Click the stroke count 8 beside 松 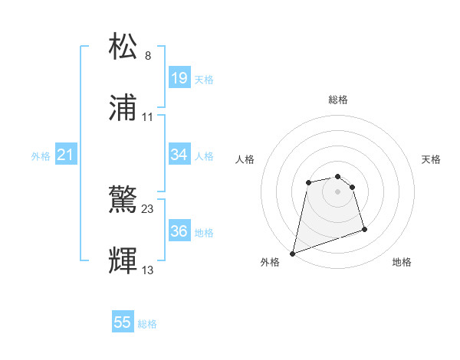[x=148, y=55]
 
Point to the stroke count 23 [x=148, y=208]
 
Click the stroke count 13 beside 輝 [x=148, y=270]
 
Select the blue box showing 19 [x=179, y=78]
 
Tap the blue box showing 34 [x=179, y=155]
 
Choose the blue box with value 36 [x=179, y=231]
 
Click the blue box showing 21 [x=66, y=155]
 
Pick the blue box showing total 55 [x=123, y=323]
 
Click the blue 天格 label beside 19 [x=204, y=80]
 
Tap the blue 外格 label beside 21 [x=41, y=156]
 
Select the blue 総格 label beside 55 [x=147, y=324]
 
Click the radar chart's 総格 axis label [x=338, y=100]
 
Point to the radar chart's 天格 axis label [x=432, y=159]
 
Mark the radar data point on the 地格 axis [x=364, y=229]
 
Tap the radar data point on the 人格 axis [x=308, y=182]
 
